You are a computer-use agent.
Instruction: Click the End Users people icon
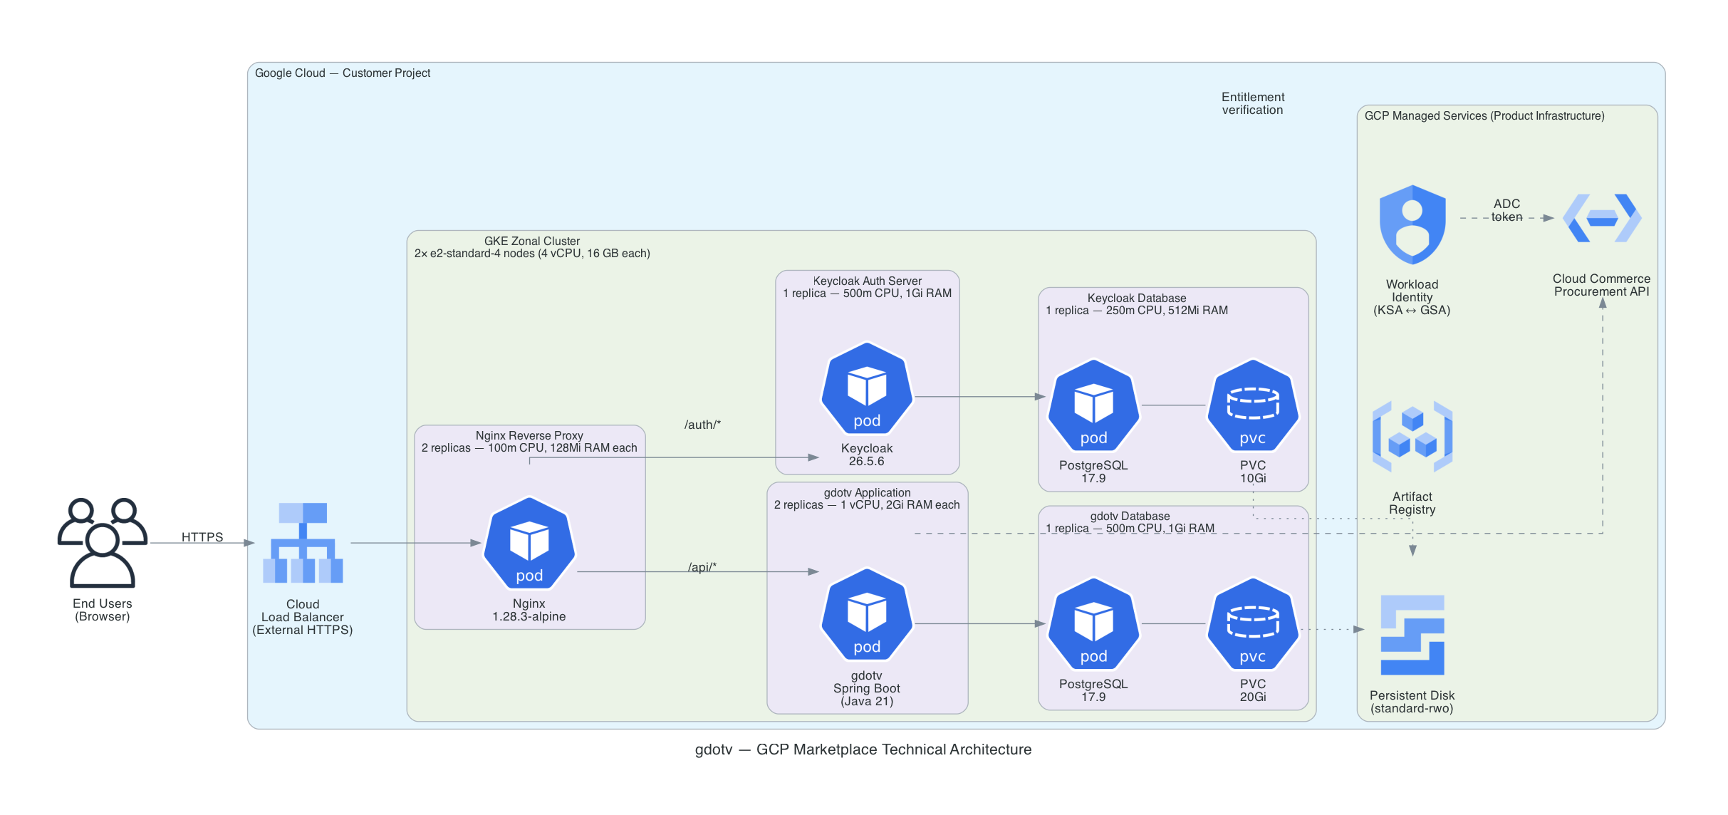pyautogui.click(x=103, y=542)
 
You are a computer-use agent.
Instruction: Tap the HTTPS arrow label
pyautogui.click(x=202, y=537)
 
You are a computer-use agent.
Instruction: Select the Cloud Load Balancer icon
pyautogui.click(x=303, y=543)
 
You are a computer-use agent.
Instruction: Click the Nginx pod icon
pyautogui.click(x=529, y=543)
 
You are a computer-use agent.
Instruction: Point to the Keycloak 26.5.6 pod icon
pyautogui.click(x=867, y=388)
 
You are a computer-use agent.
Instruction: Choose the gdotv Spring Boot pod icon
pyautogui.click(x=867, y=614)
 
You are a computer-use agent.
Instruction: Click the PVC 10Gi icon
pyautogui.click(x=1252, y=405)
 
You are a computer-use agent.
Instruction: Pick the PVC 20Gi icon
pyautogui.click(x=1252, y=624)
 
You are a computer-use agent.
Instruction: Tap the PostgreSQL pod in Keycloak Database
pyautogui.click(x=1093, y=405)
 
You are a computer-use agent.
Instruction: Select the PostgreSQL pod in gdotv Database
pyautogui.click(x=1093, y=624)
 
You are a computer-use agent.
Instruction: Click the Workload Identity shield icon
pyautogui.click(x=1412, y=224)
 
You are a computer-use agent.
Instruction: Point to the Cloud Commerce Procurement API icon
pyautogui.click(x=1602, y=218)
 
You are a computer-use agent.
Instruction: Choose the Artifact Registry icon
pyautogui.click(x=1412, y=437)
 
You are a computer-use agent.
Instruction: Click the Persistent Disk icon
pyautogui.click(x=1412, y=635)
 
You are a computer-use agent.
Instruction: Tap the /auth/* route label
pyautogui.click(x=702, y=425)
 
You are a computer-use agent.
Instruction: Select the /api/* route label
pyautogui.click(x=702, y=567)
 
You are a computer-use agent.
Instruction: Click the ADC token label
pyautogui.click(x=1506, y=210)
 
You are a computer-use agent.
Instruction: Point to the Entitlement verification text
pyautogui.click(x=1252, y=103)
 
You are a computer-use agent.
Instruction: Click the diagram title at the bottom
pyautogui.click(x=863, y=749)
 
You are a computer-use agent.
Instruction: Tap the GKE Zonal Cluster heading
pyautogui.click(x=532, y=241)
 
